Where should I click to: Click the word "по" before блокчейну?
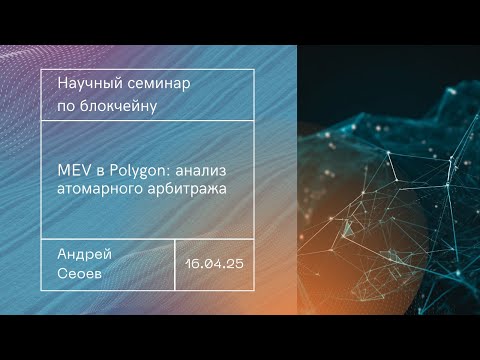pos(67,104)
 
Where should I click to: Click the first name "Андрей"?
pos(79,255)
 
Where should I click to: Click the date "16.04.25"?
pos(214,264)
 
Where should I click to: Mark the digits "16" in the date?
pos(192,264)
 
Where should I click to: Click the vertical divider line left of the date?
pos(175,264)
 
